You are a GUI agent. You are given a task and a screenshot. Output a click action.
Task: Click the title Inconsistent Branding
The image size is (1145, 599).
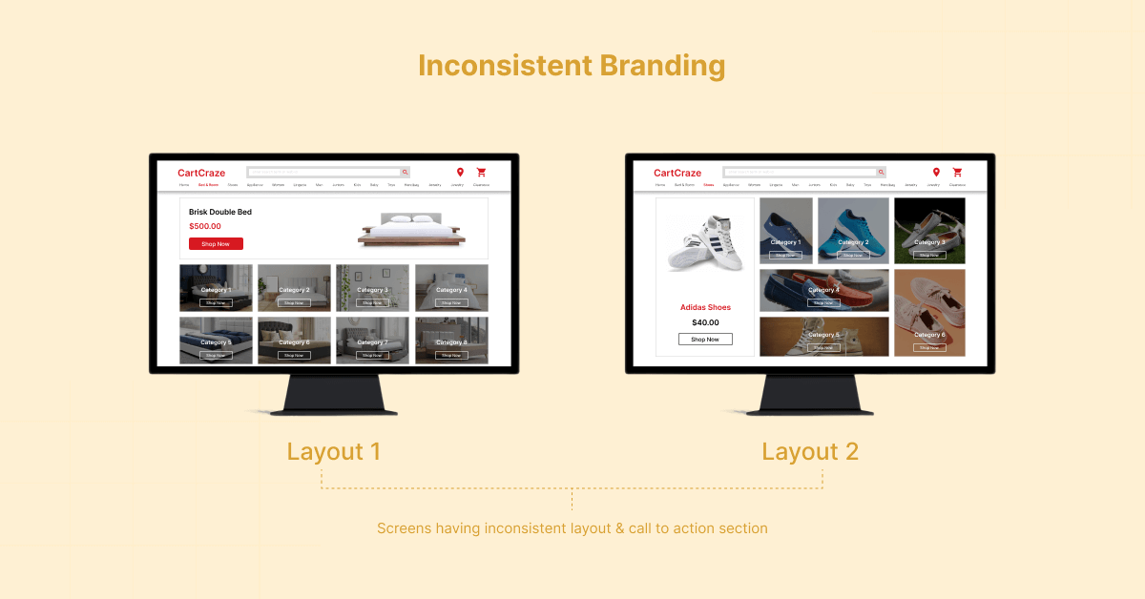[572, 66]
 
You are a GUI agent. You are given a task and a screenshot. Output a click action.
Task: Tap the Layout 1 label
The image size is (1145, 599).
[333, 451]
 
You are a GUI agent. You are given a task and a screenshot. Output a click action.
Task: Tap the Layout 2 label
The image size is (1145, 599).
[810, 451]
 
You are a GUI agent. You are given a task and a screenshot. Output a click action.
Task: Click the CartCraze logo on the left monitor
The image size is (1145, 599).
[201, 173]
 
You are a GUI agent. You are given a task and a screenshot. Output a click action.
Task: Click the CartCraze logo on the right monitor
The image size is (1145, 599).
[677, 173]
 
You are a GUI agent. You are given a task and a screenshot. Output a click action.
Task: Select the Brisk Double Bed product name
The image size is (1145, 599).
[220, 212]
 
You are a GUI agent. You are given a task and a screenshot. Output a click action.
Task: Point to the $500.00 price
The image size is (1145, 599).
[205, 226]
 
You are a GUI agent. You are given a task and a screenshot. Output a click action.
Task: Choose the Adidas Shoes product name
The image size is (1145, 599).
[705, 307]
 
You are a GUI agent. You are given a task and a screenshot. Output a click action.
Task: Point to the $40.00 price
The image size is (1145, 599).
[705, 322]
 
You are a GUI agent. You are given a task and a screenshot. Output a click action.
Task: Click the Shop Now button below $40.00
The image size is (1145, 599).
[705, 340]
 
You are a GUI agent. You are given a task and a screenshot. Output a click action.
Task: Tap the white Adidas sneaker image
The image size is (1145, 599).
[705, 243]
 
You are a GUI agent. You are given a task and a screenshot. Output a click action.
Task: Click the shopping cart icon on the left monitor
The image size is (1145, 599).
[481, 173]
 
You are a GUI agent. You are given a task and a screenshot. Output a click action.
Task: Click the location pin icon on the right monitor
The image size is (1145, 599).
[936, 173]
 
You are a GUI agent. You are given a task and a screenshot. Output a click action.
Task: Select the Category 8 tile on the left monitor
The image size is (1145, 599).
[451, 341]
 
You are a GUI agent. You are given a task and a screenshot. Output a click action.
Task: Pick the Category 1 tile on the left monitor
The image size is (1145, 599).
[216, 288]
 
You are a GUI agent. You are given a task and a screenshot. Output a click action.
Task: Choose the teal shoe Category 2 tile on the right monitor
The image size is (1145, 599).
[853, 231]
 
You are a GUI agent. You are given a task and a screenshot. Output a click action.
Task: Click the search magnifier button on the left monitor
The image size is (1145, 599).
[405, 173]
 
